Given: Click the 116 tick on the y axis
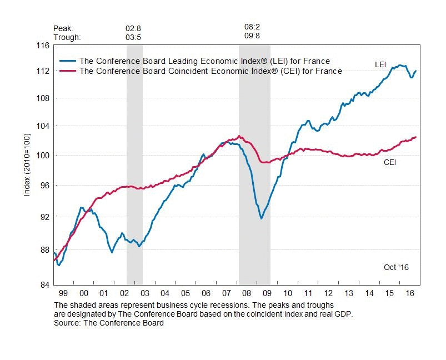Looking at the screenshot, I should click(42, 45).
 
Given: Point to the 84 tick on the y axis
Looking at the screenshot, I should click(42, 286).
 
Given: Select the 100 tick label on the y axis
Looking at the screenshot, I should click(41, 155).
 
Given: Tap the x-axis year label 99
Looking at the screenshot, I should click(63, 293).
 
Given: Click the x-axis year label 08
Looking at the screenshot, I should click(247, 293).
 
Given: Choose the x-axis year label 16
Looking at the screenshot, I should click(410, 293).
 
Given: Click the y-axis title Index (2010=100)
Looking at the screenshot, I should click(27, 164).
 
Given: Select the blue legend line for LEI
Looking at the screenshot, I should click(68, 61).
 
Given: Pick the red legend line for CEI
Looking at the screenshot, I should click(68, 71).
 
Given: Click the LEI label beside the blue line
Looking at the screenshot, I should click(380, 65).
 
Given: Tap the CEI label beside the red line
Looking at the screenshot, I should click(390, 163).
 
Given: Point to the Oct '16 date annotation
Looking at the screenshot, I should click(396, 267).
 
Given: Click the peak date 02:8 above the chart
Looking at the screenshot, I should click(134, 28).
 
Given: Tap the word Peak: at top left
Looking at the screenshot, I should click(63, 28).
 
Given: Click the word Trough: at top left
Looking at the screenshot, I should click(67, 37).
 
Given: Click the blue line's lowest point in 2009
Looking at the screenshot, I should click(261, 219).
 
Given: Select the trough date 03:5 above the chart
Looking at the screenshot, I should click(134, 37).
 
